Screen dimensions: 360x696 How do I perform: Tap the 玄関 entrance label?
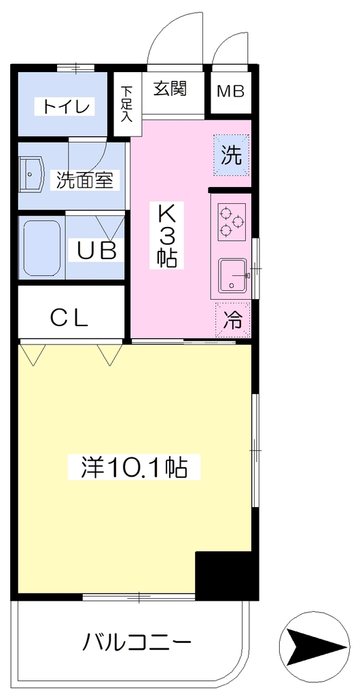(170, 88)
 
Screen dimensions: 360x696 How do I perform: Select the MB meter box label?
(230, 92)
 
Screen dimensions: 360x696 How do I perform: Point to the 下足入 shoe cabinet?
(128, 103)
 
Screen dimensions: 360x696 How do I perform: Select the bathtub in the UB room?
(41, 249)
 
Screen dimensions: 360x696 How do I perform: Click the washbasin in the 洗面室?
(32, 175)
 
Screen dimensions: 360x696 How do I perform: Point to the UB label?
(98, 251)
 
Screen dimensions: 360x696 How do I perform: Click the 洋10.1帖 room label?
(134, 467)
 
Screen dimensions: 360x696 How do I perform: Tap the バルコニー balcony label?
(139, 642)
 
